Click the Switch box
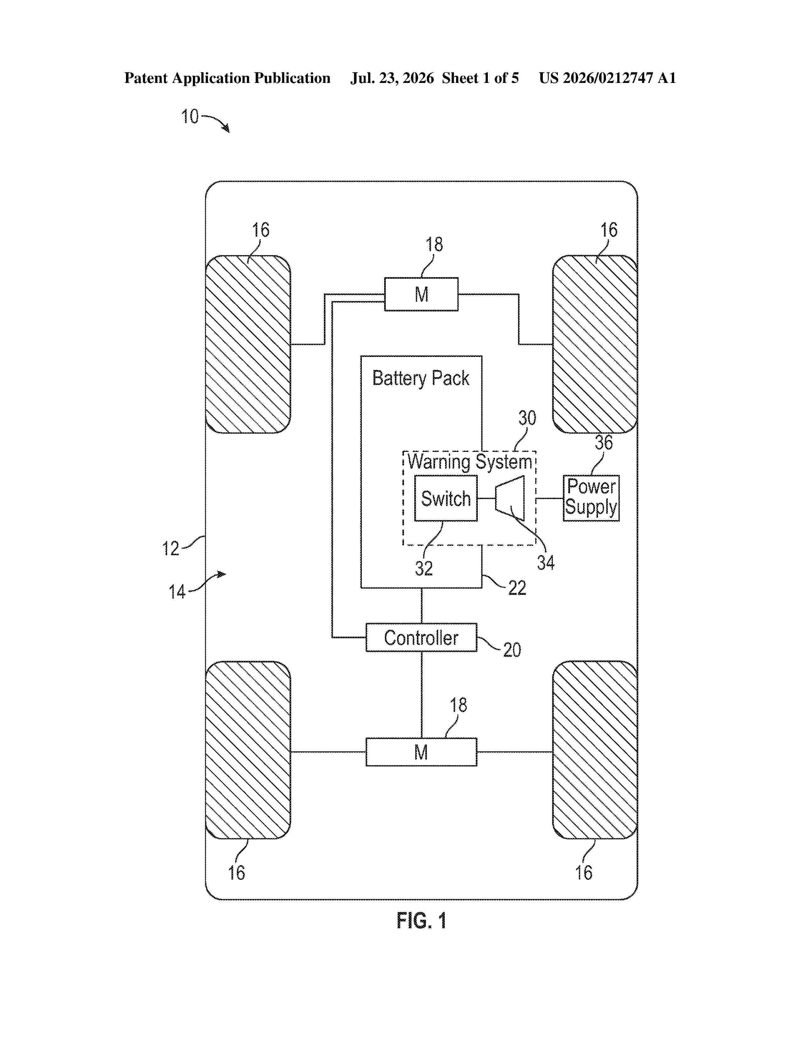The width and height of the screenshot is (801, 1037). [x=446, y=498]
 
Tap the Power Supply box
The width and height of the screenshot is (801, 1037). [x=591, y=498]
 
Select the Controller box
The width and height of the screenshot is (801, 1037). [x=421, y=637]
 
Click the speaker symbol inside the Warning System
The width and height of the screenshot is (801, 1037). [x=509, y=498]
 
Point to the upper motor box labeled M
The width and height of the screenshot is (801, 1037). [x=421, y=294]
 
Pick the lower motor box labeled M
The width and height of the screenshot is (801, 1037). [x=421, y=752]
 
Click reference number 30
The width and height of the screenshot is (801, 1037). [x=527, y=418]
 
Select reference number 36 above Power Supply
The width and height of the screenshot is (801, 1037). [x=604, y=442]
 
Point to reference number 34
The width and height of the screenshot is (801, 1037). [x=545, y=563]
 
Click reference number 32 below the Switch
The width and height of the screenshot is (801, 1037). [x=424, y=568]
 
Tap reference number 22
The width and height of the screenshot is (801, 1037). [x=517, y=588]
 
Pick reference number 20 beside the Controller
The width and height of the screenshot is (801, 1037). [x=512, y=650]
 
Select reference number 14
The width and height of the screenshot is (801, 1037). [x=177, y=592]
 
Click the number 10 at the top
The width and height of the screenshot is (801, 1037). [x=190, y=116]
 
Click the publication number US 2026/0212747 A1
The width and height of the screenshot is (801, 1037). [x=608, y=78]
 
